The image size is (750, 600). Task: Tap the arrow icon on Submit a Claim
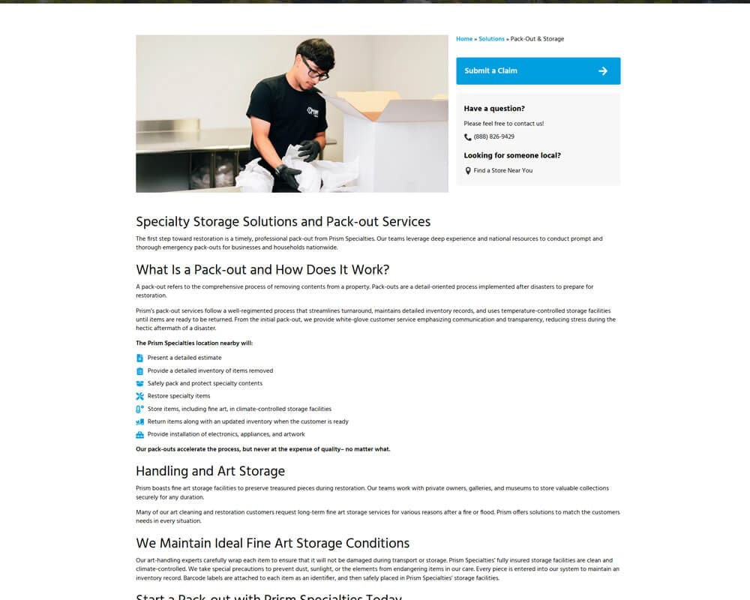point(603,71)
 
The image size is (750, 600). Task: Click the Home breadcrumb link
point(464,39)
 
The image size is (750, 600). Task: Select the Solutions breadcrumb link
point(491,39)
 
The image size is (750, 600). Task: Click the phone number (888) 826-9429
point(493,137)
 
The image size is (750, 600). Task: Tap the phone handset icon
point(468,137)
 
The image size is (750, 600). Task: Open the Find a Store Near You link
point(502,171)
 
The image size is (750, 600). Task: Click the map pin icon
point(468,171)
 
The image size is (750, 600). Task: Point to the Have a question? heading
point(494,109)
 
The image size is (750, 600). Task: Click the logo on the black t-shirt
point(313,111)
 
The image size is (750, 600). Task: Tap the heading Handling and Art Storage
point(210,472)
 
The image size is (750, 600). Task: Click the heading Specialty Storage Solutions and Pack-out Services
point(283,222)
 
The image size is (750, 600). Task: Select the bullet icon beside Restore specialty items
point(139,396)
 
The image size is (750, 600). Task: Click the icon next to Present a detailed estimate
point(139,358)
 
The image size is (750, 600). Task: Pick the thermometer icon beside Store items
point(139,409)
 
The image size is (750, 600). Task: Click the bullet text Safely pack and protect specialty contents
point(205,383)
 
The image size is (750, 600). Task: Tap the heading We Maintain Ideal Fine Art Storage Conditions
point(272,543)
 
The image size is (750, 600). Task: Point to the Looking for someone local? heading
point(512,156)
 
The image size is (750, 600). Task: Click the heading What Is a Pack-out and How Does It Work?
point(262,270)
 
